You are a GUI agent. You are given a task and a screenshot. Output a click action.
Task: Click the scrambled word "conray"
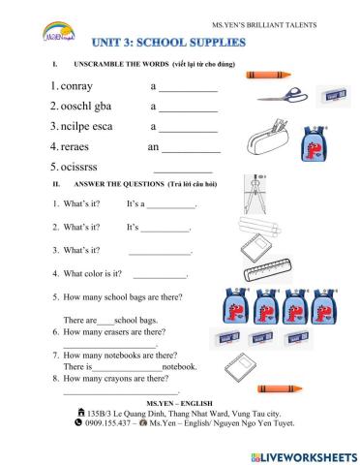click(x=78, y=87)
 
